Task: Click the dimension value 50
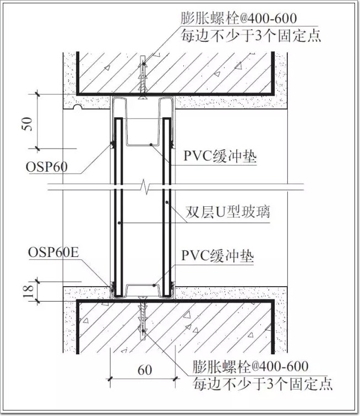coord(27,124)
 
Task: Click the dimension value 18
coord(29,291)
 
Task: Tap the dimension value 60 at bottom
coord(145,370)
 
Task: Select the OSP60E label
coord(53,252)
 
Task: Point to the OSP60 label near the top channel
coord(46,167)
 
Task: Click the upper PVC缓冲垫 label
coord(220,156)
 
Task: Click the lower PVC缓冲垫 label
coord(217,256)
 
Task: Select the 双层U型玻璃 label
coord(227,212)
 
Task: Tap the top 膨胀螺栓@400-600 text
coord(239,19)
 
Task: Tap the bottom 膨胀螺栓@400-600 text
coord(250,366)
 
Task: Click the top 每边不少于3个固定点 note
coord(251,36)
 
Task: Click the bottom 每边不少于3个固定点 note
coord(263,384)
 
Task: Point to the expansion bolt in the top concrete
coord(143,78)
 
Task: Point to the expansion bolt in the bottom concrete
coord(143,319)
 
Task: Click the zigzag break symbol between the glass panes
coord(145,187)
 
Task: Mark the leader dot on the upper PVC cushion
coord(151,145)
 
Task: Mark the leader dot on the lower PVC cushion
coord(154,286)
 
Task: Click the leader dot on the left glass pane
coord(119,223)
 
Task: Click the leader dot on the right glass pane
coord(167,202)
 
